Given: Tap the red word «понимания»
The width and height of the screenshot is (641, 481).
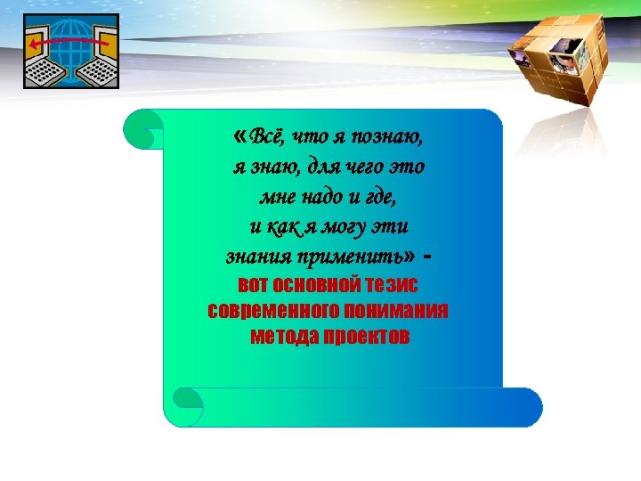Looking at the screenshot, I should (x=396, y=311).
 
